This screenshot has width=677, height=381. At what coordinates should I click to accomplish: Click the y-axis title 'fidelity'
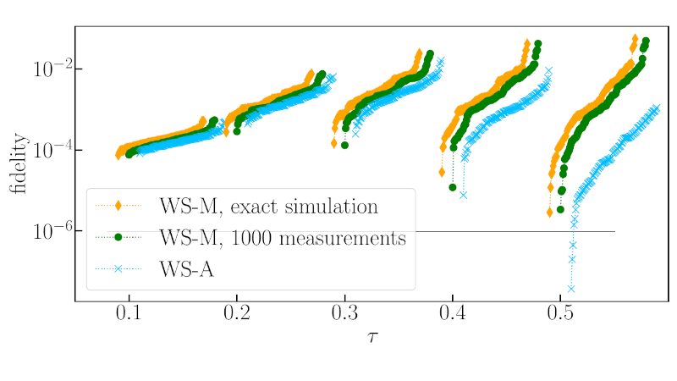pos(19,163)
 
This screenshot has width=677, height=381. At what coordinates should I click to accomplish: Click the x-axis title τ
pos(372,338)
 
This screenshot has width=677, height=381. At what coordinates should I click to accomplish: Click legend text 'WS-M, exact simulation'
pos(267,206)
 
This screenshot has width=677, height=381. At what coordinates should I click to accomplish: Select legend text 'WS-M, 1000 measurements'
pos(282,238)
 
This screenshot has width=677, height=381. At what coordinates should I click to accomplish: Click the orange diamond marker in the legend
pos(118,206)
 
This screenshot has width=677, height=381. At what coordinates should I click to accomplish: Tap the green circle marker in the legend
pos(118,238)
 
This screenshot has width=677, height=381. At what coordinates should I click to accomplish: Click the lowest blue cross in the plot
pos(570,288)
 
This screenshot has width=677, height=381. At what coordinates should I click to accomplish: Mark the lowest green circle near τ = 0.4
pos(453,187)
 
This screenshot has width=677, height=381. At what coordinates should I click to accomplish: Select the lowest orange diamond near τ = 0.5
pos(550,213)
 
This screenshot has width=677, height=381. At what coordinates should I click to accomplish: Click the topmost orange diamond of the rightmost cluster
pos(635,39)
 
